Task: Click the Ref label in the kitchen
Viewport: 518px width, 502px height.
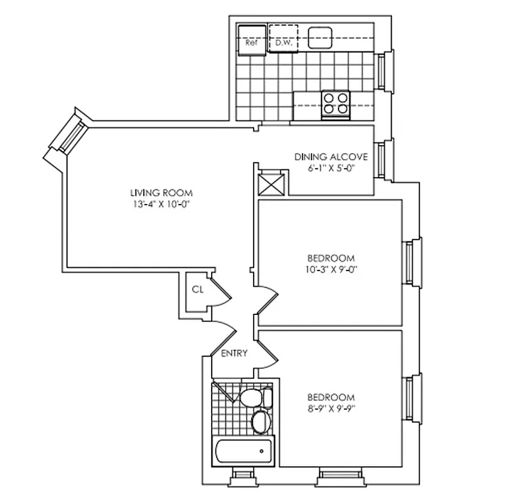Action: [x=251, y=44]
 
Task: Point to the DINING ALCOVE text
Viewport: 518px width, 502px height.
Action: [x=330, y=157]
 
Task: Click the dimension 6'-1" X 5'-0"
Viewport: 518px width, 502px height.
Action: [x=330, y=168]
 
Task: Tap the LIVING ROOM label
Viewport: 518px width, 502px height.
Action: [x=161, y=193]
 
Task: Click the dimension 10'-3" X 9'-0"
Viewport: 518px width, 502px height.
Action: [x=331, y=269]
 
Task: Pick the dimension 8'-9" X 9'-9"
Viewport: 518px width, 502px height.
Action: [x=331, y=409]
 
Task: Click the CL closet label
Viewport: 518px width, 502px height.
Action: [x=198, y=289]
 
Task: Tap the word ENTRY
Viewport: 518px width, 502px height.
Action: [x=234, y=353]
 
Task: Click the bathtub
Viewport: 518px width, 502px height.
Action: [x=243, y=451]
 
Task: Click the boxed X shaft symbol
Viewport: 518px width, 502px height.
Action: [x=273, y=184]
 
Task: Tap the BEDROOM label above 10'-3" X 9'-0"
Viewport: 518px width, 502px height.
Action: [x=331, y=258]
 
